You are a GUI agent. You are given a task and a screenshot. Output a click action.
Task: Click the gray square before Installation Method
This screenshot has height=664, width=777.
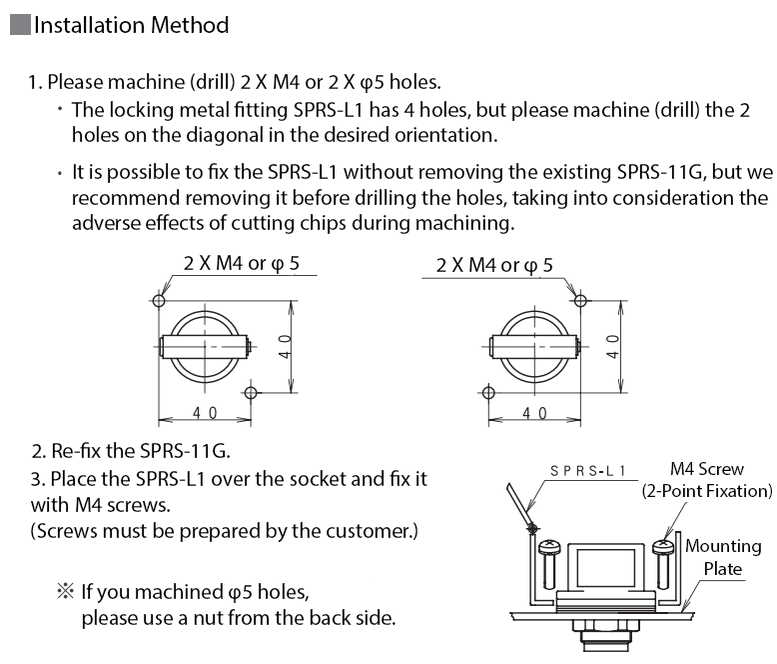click(x=20, y=26)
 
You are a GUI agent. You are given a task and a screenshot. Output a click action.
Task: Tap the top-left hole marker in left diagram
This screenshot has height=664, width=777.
click(x=160, y=298)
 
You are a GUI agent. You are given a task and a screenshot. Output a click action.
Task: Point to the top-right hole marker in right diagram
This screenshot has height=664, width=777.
click(x=581, y=298)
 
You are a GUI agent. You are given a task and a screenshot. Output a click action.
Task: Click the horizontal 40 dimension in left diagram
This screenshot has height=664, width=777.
click(x=204, y=413)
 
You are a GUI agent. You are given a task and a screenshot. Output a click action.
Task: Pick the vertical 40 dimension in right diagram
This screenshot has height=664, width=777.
click(x=612, y=346)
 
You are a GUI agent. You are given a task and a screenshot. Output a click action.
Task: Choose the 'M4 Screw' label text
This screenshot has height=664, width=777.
click(x=707, y=469)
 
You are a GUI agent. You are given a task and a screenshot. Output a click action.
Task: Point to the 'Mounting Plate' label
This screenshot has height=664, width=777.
click(x=722, y=557)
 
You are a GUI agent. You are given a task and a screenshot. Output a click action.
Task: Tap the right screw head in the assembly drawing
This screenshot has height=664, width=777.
click(x=666, y=546)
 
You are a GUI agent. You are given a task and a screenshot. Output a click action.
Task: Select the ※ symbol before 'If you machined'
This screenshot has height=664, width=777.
click(x=65, y=592)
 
